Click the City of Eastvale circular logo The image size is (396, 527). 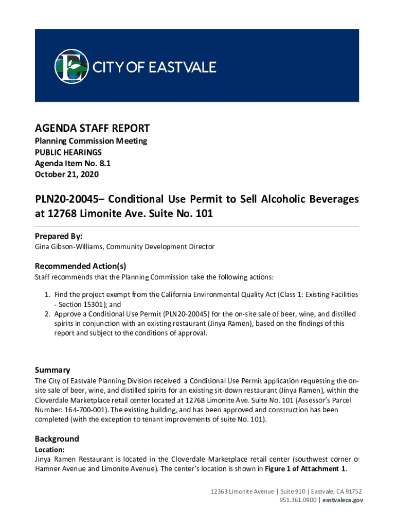coord(72,66)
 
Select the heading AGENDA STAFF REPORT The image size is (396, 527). coord(92,128)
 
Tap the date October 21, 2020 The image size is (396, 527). coord(67,174)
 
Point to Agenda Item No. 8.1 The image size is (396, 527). coord(73,163)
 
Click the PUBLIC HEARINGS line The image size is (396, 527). coord(68,152)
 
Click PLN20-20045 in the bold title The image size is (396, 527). coord(66,199)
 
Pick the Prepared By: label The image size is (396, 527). coord(58,236)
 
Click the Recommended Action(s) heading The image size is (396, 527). coord(80,266)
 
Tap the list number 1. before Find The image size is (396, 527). coord(47,294)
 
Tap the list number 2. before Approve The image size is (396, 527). coord(47,314)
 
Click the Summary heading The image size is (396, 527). coord(52,370)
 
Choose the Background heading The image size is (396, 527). coord(57,438)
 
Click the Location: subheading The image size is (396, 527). coord(49,449)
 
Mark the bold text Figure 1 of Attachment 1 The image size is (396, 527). coord(304,468)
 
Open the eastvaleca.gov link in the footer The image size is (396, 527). coord(343,500)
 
